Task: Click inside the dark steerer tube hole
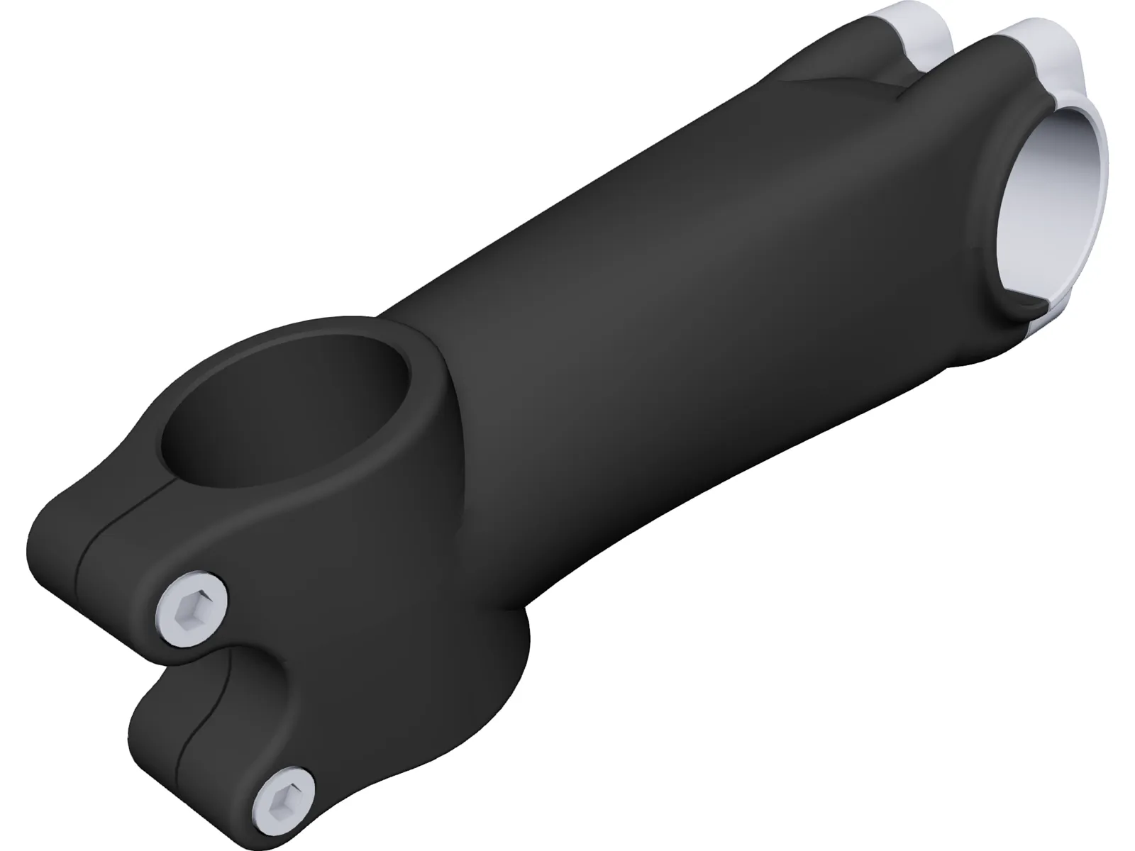284,418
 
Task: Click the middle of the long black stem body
674,284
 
